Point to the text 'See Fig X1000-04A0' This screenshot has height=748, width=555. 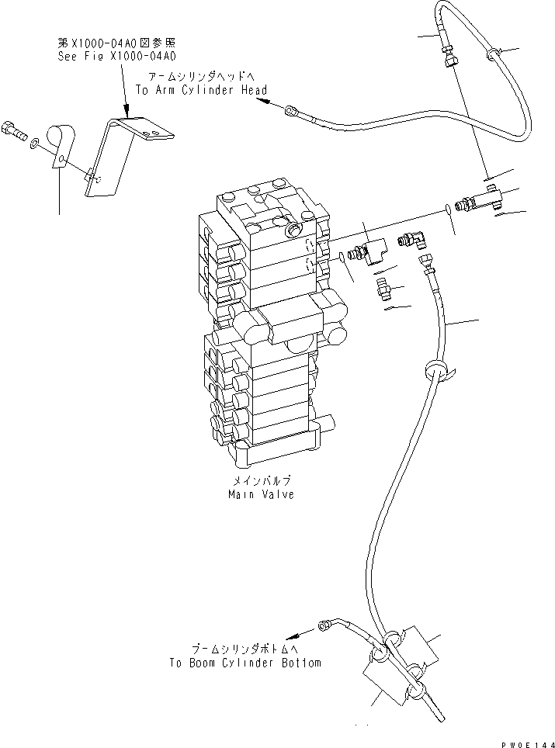point(117,57)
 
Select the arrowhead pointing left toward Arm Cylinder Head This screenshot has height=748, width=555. point(262,91)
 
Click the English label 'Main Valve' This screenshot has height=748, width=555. point(261,494)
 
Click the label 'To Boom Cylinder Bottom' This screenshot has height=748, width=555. point(245,663)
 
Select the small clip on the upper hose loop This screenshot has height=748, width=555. point(491,54)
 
